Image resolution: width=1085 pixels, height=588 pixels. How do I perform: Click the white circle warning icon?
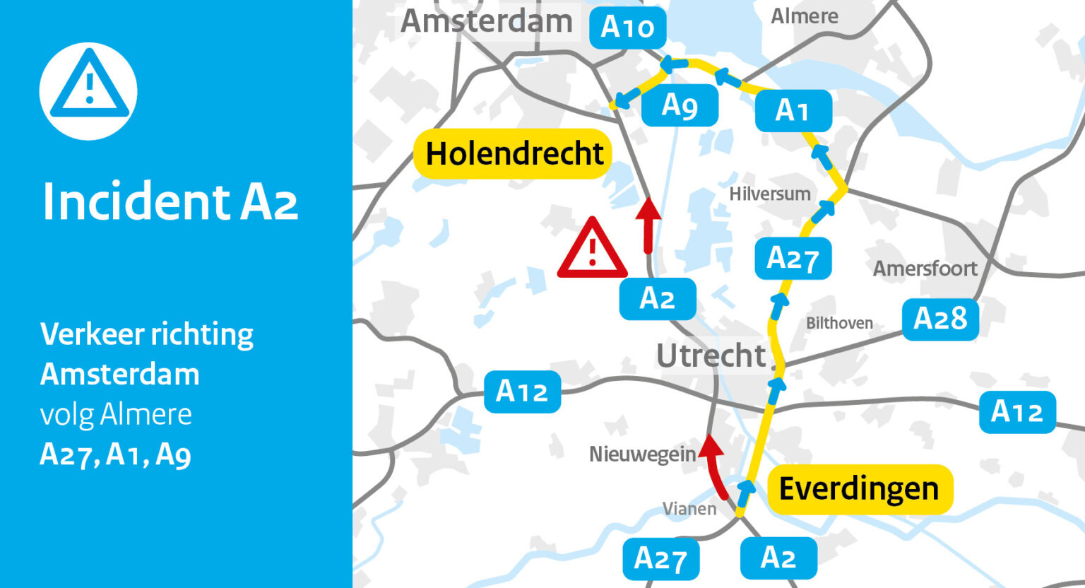[x=88, y=91]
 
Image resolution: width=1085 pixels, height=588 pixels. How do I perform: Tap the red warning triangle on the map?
[x=592, y=249]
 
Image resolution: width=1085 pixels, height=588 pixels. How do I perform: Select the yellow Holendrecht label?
[x=514, y=153]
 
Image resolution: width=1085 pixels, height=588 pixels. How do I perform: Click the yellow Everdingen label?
[x=859, y=489]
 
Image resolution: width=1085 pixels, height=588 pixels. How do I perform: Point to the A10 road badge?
[x=627, y=28]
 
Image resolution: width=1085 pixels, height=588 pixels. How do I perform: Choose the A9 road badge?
[x=680, y=106]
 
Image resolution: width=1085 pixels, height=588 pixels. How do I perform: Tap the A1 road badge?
[x=793, y=111]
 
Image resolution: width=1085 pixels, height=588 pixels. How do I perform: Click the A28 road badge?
[x=940, y=319]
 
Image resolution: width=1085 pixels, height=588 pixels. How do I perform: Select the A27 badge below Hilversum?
[x=793, y=259]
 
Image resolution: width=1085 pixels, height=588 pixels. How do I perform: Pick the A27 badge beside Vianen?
[x=660, y=559]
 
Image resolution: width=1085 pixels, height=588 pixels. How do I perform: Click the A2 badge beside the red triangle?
[x=657, y=299]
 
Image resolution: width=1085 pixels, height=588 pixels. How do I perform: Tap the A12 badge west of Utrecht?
[x=522, y=392]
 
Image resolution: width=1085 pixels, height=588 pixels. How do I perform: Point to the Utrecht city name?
[x=711, y=355]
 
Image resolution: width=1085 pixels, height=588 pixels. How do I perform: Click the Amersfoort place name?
[x=925, y=269]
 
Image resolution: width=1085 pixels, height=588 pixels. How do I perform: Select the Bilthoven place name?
[x=839, y=323]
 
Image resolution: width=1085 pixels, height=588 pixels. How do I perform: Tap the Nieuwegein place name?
[x=642, y=454]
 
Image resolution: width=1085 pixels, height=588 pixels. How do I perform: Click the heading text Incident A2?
[x=170, y=202]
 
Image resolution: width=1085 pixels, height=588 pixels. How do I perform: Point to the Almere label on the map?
[x=804, y=16]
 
